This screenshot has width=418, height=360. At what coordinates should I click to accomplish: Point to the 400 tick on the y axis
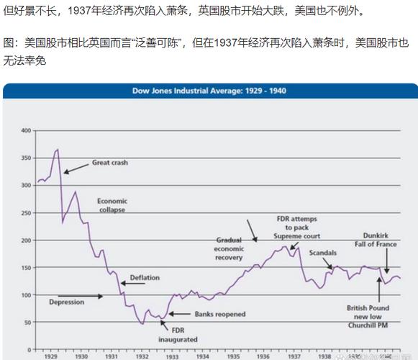27,130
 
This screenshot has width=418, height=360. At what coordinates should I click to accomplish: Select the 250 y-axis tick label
27,185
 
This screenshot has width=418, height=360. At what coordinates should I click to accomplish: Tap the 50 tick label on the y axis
28,322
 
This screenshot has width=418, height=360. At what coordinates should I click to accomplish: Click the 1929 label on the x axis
50,356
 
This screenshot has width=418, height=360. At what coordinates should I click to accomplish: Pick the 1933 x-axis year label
171,356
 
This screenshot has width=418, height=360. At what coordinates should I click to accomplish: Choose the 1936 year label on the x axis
263,356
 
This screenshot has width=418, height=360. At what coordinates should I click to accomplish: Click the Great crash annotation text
109,163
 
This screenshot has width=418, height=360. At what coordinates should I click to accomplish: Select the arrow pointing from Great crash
76,168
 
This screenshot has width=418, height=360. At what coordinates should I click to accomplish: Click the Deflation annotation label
145,277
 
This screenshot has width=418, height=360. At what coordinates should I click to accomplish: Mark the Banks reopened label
220,314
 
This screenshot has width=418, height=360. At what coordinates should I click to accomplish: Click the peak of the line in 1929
58,149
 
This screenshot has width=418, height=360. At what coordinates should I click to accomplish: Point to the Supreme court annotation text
297,235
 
